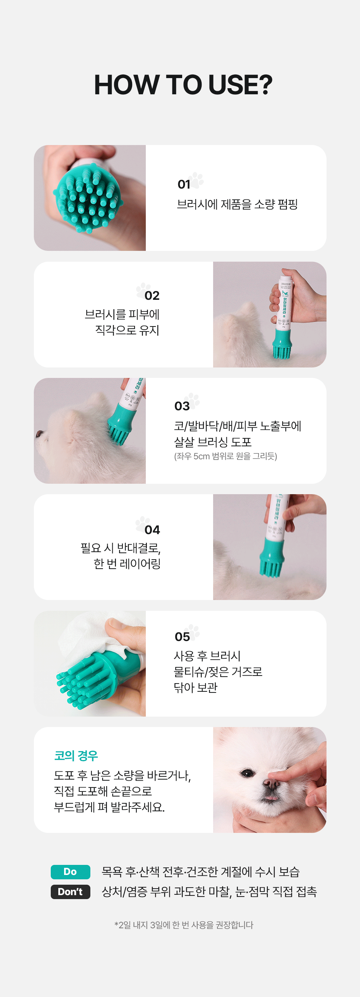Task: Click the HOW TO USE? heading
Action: pyautogui.click(x=183, y=85)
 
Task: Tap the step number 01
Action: pyautogui.click(x=184, y=185)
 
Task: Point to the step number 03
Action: pyautogui.click(x=182, y=406)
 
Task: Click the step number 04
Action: pyautogui.click(x=152, y=530)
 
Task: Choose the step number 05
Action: pyautogui.click(x=182, y=637)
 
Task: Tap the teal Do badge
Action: pyautogui.click(x=71, y=872)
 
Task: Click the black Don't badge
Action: pyautogui.click(x=71, y=892)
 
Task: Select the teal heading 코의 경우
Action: pyautogui.click(x=76, y=755)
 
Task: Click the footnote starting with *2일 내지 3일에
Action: pyautogui.click(x=184, y=925)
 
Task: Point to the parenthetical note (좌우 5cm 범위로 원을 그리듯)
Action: pyautogui.click(x=225, y=456)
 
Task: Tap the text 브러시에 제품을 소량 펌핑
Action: pyautogui.click(x=237, y=204)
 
